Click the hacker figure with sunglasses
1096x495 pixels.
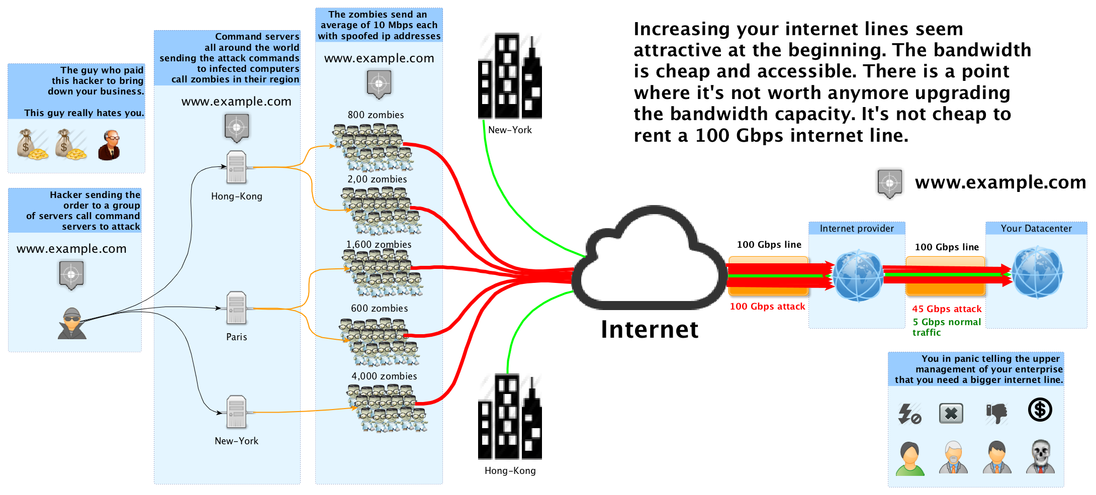72,323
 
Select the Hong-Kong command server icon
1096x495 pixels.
236,167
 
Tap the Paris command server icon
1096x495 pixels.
236,308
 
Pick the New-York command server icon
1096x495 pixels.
236,412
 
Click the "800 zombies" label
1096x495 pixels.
376,115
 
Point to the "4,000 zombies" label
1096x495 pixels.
384,376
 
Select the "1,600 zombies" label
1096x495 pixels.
379,244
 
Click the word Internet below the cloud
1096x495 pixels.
650,330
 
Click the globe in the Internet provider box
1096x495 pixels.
858,275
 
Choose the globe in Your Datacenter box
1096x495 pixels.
1037,272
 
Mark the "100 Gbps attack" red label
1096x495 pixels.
767,307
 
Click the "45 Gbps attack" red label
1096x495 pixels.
947,309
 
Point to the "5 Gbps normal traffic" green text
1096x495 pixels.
947,327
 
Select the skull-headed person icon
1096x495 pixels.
1040,456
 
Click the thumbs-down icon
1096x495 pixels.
996,413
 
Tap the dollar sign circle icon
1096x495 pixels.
1040,410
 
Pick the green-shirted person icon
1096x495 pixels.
910,458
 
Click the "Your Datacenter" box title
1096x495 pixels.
1036,228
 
